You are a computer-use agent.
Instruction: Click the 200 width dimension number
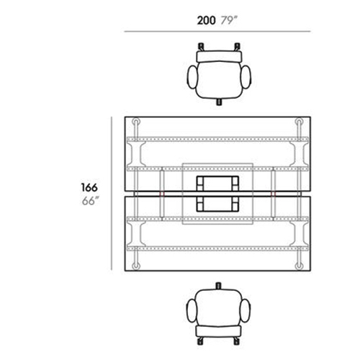pyautogui.click(x=206, y=20)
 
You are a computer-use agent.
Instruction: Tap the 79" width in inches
pyautogui.click(x=229, y=20)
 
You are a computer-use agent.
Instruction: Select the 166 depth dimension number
pyautogui.click(x=89, y=187)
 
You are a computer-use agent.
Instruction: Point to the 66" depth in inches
pyautogui.click(x=90, y=201)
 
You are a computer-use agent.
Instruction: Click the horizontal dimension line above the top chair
pyautogui.click(x=217, y=31)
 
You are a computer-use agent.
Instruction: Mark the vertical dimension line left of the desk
pyautogui.click(x=112, y=194)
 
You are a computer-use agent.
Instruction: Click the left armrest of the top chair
pyautogui.click(x=192, y=77)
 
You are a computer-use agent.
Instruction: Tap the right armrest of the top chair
pyautogui.click(x=246, y=77)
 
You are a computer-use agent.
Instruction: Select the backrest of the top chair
pyautogui.click(x=219, y=57)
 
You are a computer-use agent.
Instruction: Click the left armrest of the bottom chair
pyautogui.click(x=192, y=311)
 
